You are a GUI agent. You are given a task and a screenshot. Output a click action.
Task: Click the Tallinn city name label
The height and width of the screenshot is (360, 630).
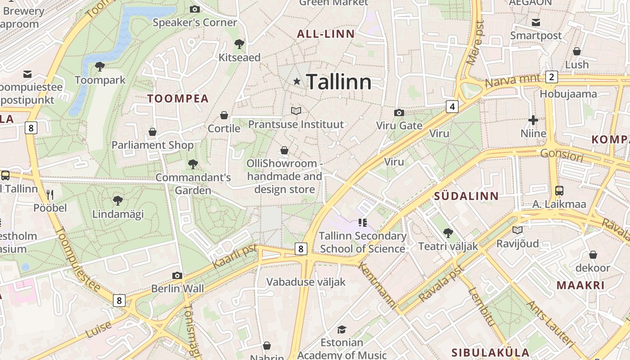point(339,82)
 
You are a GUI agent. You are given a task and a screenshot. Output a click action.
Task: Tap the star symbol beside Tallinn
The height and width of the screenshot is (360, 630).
point(297,81)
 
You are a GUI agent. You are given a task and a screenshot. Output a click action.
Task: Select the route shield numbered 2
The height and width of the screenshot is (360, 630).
point(551,77)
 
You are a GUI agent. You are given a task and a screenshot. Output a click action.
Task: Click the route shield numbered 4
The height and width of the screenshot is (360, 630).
point(452,107)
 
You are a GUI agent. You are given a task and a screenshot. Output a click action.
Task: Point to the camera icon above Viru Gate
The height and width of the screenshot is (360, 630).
point(399,112)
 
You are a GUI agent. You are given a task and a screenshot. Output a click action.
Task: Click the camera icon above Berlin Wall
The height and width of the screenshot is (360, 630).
point(177,275)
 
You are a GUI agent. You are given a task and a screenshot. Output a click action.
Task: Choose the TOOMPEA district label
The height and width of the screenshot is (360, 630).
point(178,99)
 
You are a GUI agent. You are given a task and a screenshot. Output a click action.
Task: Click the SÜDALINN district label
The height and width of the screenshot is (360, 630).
point(466,196)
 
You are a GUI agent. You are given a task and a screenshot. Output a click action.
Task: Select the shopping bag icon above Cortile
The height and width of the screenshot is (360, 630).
point(224,116)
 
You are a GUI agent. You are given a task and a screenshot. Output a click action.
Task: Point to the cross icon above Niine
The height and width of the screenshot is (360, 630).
point(533,120)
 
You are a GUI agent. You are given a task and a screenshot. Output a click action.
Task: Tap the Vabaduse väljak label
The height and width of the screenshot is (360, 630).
point(306,282)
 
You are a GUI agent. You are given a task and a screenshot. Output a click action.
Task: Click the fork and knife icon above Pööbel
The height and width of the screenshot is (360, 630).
point(50,195)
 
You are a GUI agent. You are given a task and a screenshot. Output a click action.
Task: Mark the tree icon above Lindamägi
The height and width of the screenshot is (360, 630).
point(118,201)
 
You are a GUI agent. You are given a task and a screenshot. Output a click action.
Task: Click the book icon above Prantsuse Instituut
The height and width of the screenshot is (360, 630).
point(296,111)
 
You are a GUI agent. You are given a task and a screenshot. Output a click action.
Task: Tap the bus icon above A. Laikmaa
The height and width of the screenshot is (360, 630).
point(559,191)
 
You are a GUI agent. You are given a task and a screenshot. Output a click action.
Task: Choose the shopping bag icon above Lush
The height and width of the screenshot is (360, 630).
point(577,51)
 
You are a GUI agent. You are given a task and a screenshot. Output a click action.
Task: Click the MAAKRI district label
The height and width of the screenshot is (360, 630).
point(580,285)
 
